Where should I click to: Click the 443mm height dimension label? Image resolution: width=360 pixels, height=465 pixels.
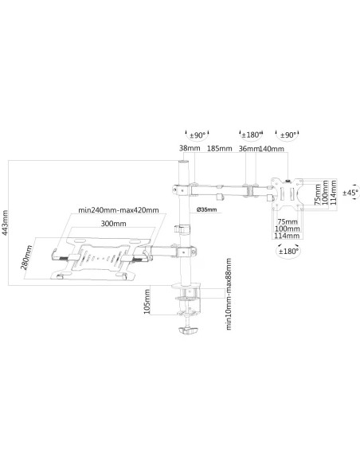click(5, 223)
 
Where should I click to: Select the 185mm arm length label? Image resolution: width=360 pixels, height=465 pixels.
click(220, 148)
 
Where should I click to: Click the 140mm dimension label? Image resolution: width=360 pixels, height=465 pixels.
click(272, 149)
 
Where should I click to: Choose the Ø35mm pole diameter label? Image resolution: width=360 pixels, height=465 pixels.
click(207, 209)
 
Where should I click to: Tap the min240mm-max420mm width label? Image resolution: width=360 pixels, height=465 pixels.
click(119, 210)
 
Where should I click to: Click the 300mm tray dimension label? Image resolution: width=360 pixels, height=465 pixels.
click(113, 223)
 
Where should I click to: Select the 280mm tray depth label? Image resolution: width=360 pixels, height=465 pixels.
click(26, 257)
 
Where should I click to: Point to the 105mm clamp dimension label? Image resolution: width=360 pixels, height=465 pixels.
click(147, 302)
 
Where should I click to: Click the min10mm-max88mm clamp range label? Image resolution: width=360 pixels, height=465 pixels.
click(229, 294)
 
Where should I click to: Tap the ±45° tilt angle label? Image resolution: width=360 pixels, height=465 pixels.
click(350, 193)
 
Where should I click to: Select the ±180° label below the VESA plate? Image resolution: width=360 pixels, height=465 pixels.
click(288, 251)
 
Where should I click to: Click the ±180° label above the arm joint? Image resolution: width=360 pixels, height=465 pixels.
click(252, 135)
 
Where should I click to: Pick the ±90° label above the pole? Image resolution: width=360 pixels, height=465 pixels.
click(198, 135)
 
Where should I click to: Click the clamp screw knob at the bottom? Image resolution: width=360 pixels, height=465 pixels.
click(188, 330)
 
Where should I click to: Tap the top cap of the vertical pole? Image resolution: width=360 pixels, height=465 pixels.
click(183, 162)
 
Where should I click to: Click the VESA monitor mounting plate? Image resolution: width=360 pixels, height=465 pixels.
click(288, 193)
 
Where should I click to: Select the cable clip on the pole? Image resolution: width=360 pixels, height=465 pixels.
click(182, 229)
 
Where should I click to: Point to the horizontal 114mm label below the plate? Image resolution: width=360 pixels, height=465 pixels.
click(287, 236)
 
